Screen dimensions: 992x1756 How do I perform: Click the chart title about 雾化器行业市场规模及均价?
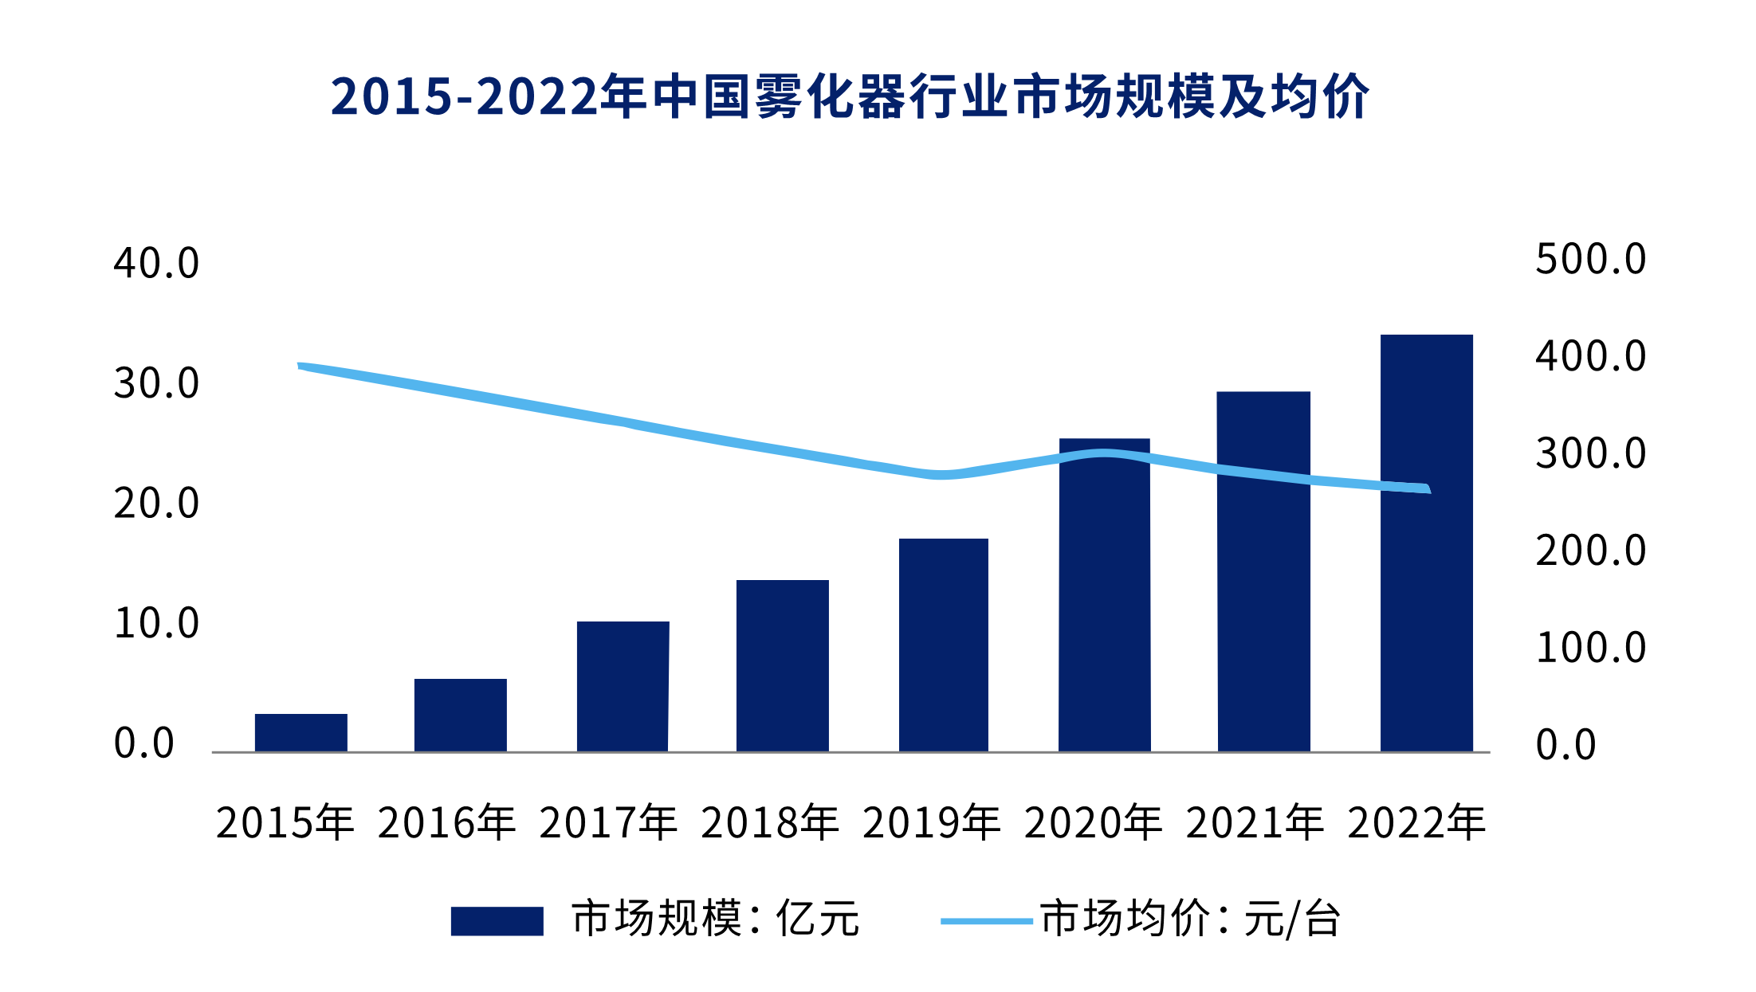(850, 97)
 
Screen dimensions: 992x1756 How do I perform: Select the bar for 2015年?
(301, 732)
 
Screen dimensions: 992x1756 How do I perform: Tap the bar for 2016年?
(461, 715)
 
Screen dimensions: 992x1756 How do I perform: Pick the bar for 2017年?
(623, 686)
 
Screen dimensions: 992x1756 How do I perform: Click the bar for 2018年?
(783, 665)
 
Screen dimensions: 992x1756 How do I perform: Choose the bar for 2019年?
(944, 645)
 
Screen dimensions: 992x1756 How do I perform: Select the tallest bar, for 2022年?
(1427, 543)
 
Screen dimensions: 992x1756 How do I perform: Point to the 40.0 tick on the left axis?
(156, 264)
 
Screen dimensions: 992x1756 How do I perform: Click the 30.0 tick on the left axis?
(156, 383)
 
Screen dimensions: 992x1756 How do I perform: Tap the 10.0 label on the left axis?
(156, 624)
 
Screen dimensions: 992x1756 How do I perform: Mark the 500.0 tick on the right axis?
(1590, 260)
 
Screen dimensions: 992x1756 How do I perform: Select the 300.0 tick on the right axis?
(1590, 454)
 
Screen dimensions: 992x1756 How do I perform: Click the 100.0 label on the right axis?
(1590, 648)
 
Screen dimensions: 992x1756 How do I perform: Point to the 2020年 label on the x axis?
(1093, 823)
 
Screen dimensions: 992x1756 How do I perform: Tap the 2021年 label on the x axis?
(1255, 823)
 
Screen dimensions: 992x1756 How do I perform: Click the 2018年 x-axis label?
(770, 823)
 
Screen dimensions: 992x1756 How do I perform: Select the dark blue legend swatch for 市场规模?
(497, 921)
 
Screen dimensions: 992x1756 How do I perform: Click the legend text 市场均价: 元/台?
(1190, 919)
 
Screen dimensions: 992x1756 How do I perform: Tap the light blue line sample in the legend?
(987, 921)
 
